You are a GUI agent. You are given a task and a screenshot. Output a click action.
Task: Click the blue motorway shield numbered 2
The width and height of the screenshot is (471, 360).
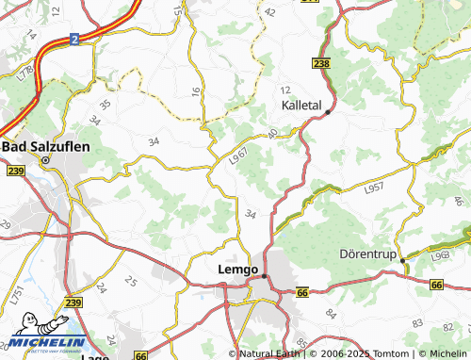coord(73,40)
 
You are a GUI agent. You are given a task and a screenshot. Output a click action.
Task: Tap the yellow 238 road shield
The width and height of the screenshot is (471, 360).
coord(321,63)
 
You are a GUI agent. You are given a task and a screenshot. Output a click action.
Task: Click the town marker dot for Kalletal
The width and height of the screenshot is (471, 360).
coord(327,112)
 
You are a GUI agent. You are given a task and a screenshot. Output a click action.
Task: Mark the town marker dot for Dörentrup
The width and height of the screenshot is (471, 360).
coord(402,260)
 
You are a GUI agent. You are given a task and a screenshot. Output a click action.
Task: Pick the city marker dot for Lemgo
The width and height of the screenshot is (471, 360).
coord(265,276)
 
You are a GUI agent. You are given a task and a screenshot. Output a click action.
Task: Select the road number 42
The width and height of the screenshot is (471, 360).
coord(271,12)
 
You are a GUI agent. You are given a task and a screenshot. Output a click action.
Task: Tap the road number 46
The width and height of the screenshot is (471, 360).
coord(459,200)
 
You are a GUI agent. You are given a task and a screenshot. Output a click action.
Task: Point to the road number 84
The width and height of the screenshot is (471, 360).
coord(330,312)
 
